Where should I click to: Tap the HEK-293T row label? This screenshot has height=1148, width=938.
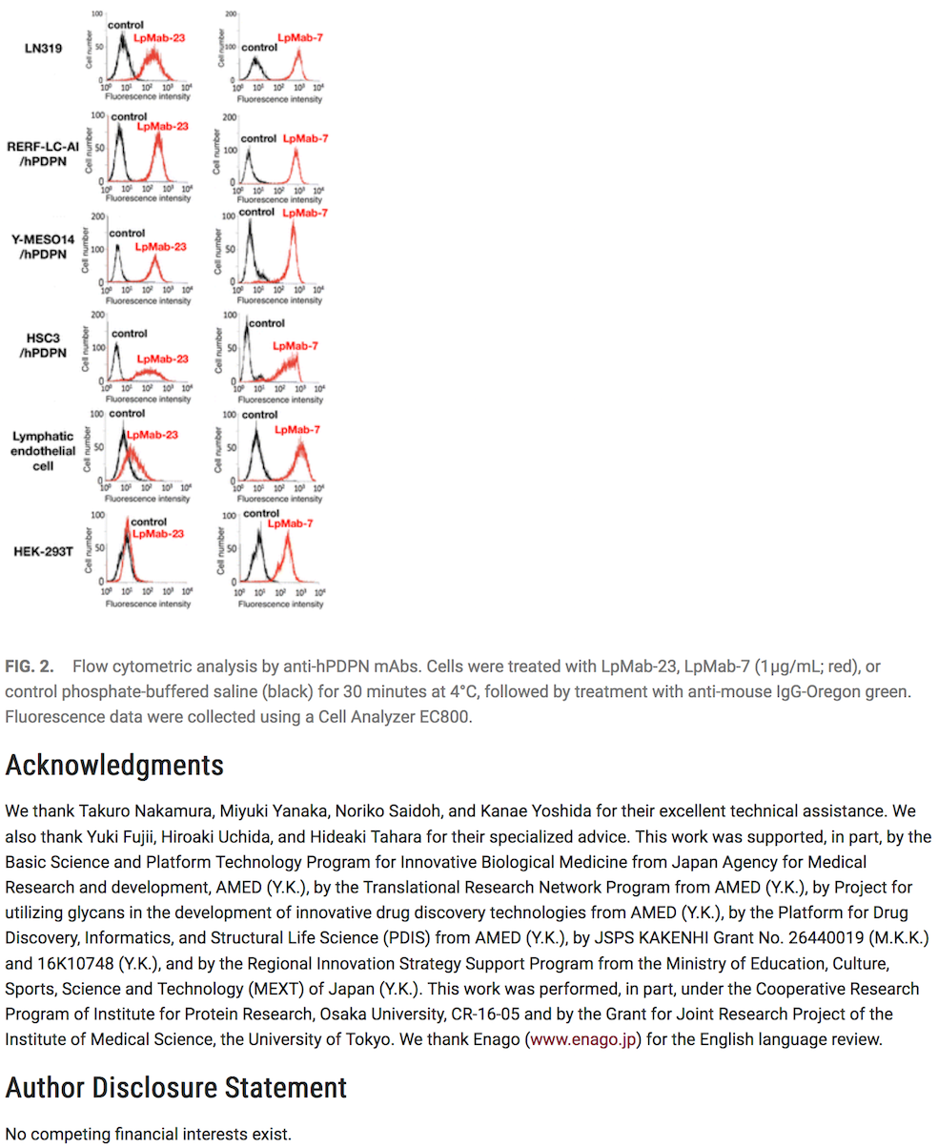pyautogui.click(x=43, y=551)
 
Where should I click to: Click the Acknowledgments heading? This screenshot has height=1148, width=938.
pyautogui.click(x=114, y=765)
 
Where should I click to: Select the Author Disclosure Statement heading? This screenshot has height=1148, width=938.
pyautogui.click(x=175, y=1087)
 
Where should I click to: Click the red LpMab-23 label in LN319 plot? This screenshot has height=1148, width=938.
pyautogui.click(x=160, y=37)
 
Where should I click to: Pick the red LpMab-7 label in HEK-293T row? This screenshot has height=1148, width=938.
pyautogui.click(x=290, y=523)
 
